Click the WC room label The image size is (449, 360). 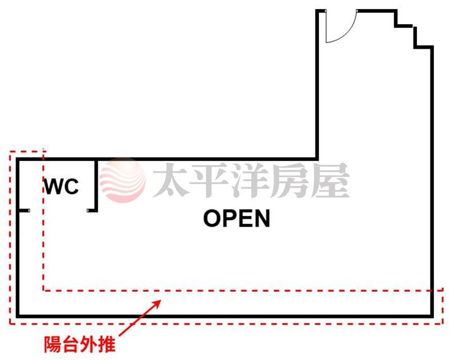[x=62, y=187]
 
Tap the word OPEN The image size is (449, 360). [x=236, y=219]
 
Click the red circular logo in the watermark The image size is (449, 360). [x=122, y=180]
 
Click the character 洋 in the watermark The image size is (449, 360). [x=250, y=181]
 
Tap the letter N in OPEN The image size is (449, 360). [x=261, y=219]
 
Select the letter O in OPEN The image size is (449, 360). [x=212, y=219]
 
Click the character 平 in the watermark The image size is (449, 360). [x=210, y=181]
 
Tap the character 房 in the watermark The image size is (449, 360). [x=290, y=181]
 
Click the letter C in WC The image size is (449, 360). [x=71, y=187]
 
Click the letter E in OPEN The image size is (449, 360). [x=245, y=219]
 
